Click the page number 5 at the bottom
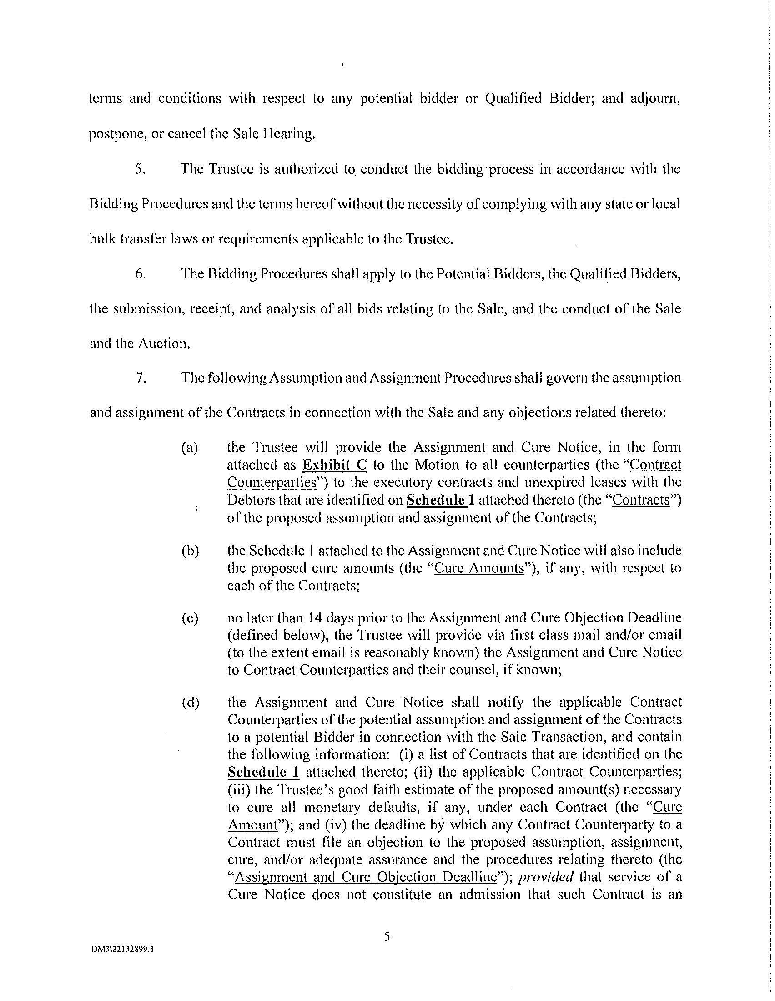click(x=387, y=936)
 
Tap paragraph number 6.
click(x=141, y=273)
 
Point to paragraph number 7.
click(x=141, y=378)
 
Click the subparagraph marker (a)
click(x=190, y=447)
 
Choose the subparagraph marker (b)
click(x=190, y=551)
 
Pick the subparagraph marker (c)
click(x=190, y=618)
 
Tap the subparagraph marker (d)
click(x=190, y=703)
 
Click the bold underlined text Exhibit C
click(x=335, y=465)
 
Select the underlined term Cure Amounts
click(x=478, y=568)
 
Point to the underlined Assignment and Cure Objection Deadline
click(x=366, y=877)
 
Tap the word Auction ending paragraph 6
click(x=164, y=343)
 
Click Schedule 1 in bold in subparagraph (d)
click(x=263, y=772)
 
